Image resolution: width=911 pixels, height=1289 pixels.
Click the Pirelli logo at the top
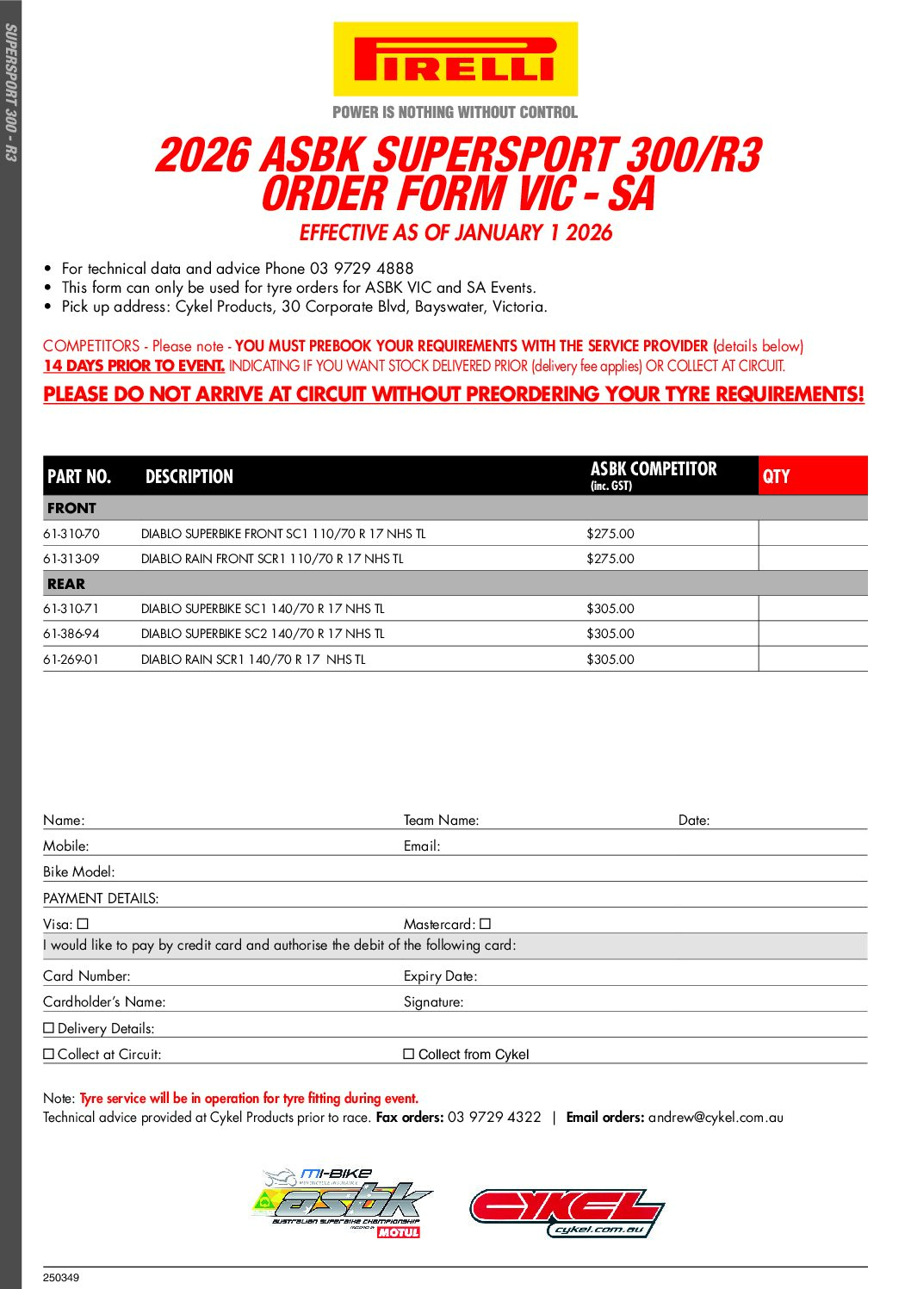[x=455, y=59]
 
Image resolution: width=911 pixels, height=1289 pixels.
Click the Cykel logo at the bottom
[x=567, y=1212]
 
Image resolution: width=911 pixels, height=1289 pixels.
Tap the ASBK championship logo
[x=343, y=1203]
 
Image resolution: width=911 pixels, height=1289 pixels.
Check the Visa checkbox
[x=84, y=924]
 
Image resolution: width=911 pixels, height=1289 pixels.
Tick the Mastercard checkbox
[x=486, y=924]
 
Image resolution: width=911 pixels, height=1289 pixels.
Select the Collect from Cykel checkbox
[x=409, y=1054]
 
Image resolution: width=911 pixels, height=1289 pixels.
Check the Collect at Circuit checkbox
[x=49, y=1054]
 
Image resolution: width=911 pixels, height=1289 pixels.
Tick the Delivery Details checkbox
[x=49, y=1028]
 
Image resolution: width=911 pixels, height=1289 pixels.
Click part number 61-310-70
[x=71, y=534]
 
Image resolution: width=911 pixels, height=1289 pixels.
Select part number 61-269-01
[x=71, y=660]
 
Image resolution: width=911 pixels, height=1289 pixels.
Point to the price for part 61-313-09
[x=610, y=559]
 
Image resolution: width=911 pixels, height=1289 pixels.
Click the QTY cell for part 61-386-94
[x=812, y=634]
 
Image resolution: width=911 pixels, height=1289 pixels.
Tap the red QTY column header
[x=812, y=476]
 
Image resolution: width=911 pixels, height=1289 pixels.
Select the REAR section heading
[x=66, y=584]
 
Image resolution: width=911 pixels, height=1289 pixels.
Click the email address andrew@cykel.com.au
[x=716, y=1118]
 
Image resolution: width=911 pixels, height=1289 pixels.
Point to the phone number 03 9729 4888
[x=362, y=269]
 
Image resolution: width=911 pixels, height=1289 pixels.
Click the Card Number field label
[x=87, y=976]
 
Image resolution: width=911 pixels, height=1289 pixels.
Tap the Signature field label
[x=433, y=1002]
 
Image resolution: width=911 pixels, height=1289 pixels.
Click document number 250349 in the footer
[x=61, y=1278]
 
